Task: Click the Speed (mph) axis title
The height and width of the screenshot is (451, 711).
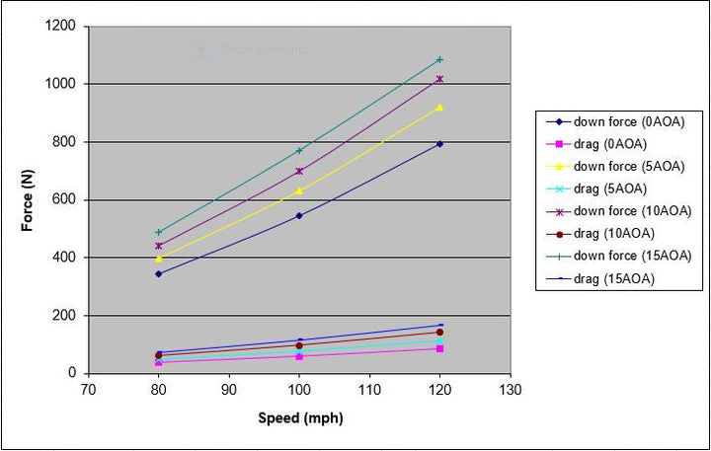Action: click(299, 417)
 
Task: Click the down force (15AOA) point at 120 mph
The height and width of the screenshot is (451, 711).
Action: click(439, 59)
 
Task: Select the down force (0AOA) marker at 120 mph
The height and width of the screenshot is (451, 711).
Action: click(439, 144)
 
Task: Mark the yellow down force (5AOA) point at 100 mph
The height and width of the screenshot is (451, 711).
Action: click(299, 190)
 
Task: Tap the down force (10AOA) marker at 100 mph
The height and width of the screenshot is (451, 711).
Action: click(299, 171)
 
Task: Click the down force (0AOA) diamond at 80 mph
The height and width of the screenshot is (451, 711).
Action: click(158, 273)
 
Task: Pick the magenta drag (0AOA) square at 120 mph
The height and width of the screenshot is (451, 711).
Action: click(439, 348)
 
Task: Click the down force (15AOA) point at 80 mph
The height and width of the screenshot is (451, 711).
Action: click(158, 232)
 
